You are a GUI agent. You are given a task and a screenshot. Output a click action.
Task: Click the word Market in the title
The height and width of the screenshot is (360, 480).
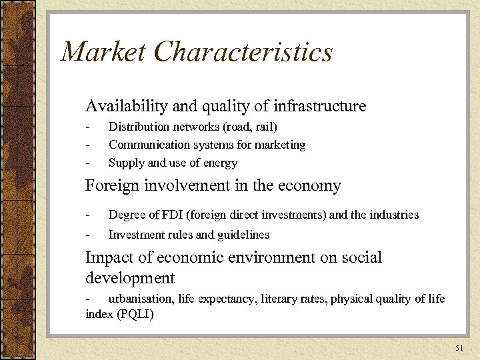101,53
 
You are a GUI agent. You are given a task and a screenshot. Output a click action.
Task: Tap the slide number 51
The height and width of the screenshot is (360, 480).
459,347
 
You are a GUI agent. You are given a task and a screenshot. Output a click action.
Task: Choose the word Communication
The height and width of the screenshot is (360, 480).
148,144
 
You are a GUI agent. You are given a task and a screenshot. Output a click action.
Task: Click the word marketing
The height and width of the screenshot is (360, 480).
279,144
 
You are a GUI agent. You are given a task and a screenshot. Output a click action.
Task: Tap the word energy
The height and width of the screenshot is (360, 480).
223,163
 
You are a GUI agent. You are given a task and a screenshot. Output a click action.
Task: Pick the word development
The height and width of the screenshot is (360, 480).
130,277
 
